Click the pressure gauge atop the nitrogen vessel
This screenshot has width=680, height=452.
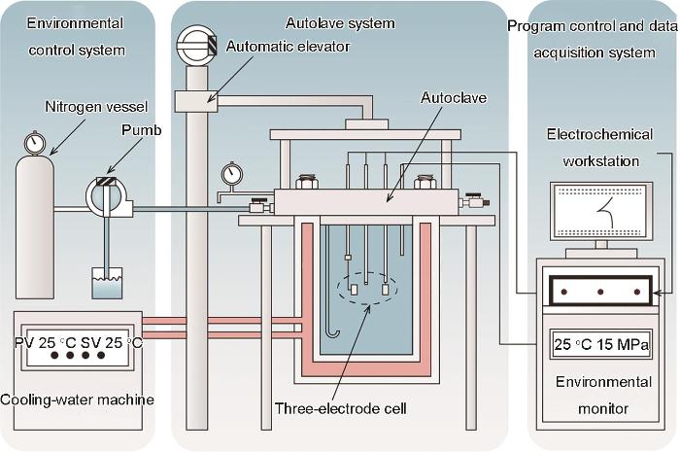coord(35,142)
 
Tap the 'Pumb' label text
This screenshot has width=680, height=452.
coord(142,129)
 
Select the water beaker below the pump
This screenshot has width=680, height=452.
coord(107,283)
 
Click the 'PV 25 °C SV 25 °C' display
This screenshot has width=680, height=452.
coord(78,343)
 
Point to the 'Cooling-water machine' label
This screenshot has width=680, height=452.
coord(77,400)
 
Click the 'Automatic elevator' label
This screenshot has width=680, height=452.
coord(288,46)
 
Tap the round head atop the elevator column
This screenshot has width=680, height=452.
coord(196,45)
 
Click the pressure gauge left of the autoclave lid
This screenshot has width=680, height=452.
coord(232,175)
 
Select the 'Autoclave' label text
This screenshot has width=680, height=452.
coord(454,97)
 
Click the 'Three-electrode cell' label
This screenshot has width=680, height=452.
coord(341,408)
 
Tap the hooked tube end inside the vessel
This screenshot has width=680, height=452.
coord(332,333)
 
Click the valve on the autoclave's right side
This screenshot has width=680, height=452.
coord(474,201)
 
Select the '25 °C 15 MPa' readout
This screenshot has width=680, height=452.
coord(601,344)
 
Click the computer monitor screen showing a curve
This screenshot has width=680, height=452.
coord(601,211)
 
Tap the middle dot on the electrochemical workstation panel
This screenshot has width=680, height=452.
coord(600,292)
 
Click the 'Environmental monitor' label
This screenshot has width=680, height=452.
coord(603,395)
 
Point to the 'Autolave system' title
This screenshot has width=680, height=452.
coord(340,23)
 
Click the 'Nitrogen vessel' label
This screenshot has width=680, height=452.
coord(96,107)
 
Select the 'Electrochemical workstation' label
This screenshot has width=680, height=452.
coord(599,148)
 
